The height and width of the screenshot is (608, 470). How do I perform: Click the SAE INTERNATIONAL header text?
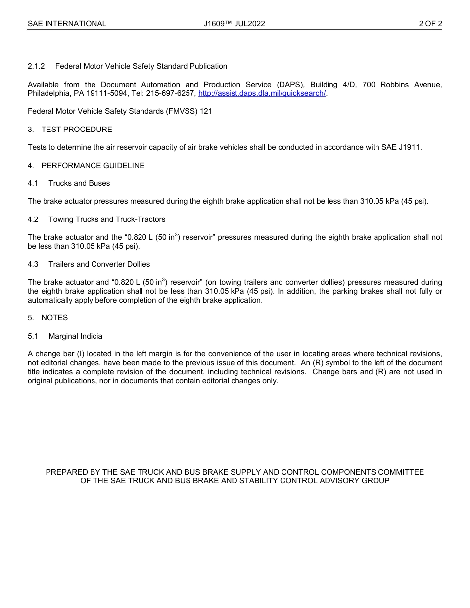[x=67, y=24]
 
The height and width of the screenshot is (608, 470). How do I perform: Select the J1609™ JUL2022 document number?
[x=234, y=24]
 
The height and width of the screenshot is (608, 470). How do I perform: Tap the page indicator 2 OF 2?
[x=430, y=24]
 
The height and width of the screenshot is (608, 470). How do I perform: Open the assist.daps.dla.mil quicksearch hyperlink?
[x=262, y=93]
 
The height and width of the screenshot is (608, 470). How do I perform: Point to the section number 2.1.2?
[x=36, y=66]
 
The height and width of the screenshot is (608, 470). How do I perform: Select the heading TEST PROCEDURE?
[x=77, y=130]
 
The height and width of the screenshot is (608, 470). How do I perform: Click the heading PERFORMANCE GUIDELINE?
[x=93, y=166]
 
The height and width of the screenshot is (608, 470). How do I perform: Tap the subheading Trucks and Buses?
[x=79, y=183]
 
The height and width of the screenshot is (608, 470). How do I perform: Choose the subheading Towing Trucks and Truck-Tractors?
[x=107, y=219]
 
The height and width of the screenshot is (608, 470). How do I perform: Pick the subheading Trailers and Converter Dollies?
[x=99, y=264]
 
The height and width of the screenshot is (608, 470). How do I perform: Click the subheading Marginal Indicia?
[x=75, y=336]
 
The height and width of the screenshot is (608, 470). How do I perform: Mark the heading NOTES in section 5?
[x=54, y=318]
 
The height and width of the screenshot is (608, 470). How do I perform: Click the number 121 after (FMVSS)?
[x=206, y=111]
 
